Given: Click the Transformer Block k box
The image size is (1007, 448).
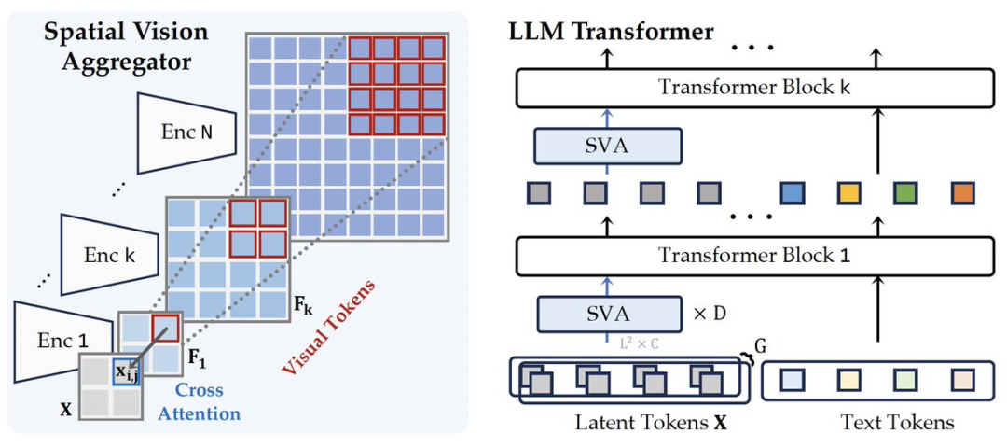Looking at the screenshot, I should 753,89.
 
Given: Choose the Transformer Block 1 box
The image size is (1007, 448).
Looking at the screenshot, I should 753,255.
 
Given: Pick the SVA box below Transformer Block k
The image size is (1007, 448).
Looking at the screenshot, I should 608,146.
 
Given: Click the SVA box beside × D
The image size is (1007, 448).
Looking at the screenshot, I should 608,314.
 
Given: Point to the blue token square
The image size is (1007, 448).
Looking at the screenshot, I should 793,193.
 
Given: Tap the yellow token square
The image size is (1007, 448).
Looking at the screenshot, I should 849,193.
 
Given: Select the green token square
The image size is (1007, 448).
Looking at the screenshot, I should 905,193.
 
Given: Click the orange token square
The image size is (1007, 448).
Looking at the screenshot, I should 962,193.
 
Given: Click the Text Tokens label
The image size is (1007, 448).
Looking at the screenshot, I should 897,423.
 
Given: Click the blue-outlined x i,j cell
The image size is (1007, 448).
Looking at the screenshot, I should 125,371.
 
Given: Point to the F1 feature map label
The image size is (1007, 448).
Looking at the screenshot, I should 196,357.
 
